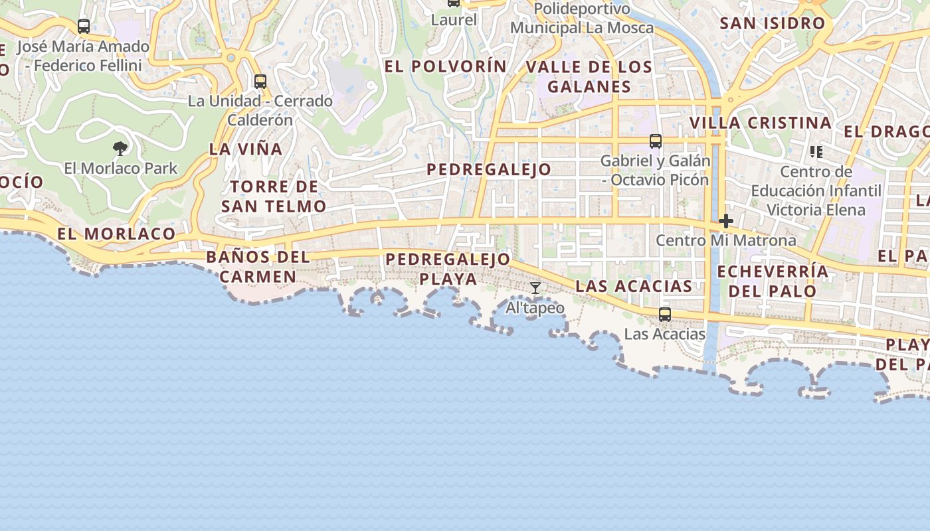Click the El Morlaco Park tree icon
click(x=120, y=148)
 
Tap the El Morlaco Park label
click(x=121, y=168)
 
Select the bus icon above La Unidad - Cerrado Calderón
click(x=260, y=82)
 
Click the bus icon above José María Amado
click(x=84, y=27)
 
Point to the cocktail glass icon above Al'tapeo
click(x=535, y=288)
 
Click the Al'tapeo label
click(x=535, y=308)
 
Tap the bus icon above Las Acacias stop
click(x=664, y=315)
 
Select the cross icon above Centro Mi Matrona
click(x=725, y=221)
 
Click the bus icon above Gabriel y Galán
click(x=655, y=141)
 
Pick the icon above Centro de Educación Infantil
click(x=816, y=152)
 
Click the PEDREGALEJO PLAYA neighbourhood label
click(x=448, y=268)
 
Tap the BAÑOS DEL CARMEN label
click(x=258, y=266)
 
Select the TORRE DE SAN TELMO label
click(x=274, y=196)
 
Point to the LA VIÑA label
click(x=246, y=149)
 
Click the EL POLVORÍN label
click(x=445, y=66)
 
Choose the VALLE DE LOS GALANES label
click(x=589, y=76)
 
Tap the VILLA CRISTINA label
click(x=760, y=123)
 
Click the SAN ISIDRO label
click(x=772, y=23)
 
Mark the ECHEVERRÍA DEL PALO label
click(x=773, y=281)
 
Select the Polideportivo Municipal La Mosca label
click(x=582, y=19)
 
